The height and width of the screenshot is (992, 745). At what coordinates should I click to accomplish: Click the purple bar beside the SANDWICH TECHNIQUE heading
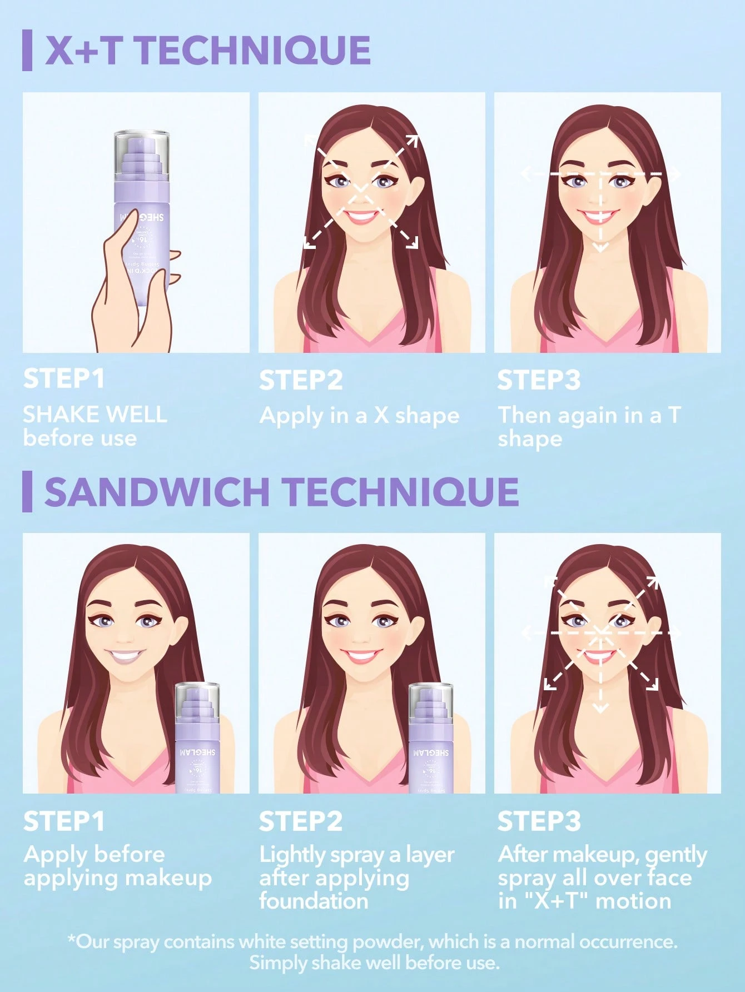click(x=27, y=492)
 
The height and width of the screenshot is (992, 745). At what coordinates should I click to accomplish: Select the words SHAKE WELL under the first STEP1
click(x=95, y=415)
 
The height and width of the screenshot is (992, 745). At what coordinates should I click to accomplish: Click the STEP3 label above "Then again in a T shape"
click(x=538, y=381)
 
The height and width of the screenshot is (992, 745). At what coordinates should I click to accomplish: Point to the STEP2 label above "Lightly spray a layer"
click(x=300, y=821)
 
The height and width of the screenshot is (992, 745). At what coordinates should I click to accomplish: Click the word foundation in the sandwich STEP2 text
click(x=314, y=901)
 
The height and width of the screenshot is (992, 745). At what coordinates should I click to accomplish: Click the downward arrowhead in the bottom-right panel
click(x=599, y=707)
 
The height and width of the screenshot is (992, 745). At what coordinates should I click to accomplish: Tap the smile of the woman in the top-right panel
click(x=599, y=216)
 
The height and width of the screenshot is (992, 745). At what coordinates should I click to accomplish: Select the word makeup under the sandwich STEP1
click(x=167, y=878)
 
